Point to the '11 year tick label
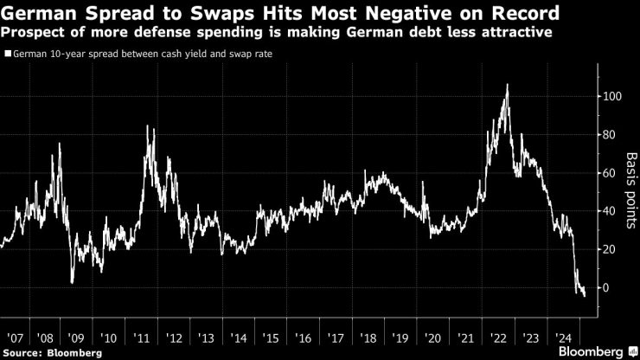coord(144,337)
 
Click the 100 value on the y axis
coord(612,97)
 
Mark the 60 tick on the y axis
coord(610,173)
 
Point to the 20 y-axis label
coord(610,249)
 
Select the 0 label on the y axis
coord(606,287)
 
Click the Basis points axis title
coord(631,191)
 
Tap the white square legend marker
coord(8,54)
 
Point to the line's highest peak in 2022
coord(507,85)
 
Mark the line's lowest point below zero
coord(585,296)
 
